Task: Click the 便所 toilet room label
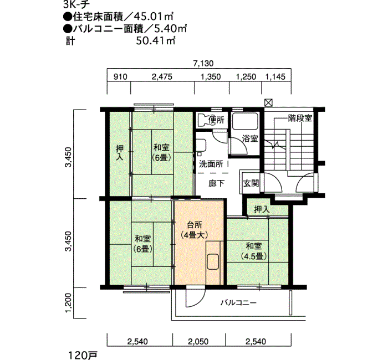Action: click(217, 120)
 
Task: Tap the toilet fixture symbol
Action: click(203, 120)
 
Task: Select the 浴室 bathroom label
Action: click(250, 138)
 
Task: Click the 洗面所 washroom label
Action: click(211, 164)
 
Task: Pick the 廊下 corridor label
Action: click(217, 183)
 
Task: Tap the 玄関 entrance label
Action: click(251, 183)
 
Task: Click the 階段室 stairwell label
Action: click(300, 118)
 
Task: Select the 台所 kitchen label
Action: click(194, 225)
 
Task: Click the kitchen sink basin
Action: click(213, 261)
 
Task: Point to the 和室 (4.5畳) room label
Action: click(254, 251)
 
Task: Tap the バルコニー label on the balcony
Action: click(238, 302)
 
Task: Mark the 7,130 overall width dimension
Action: click(203, 64)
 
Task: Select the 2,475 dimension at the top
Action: click(162, 76)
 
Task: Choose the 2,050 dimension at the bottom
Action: click(198, 342)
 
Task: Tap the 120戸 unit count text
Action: click(83, 356)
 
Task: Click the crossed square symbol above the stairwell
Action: click(268, 102)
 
